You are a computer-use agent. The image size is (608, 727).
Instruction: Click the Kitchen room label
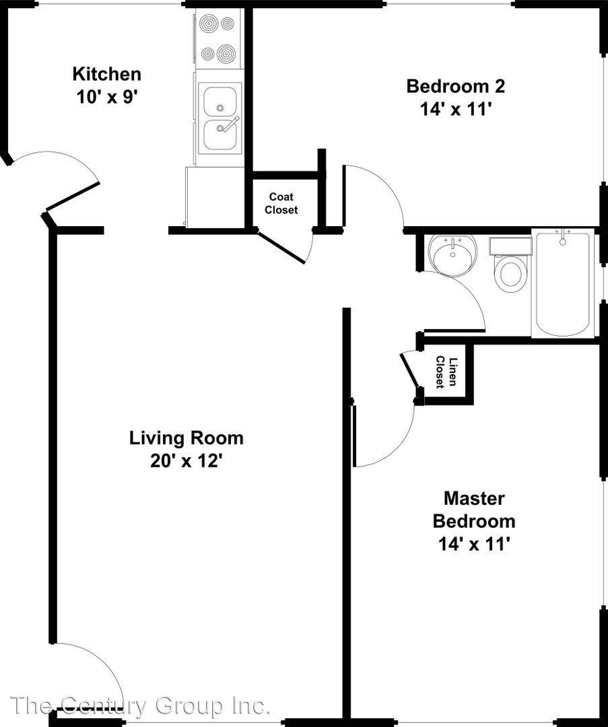pos(106,74)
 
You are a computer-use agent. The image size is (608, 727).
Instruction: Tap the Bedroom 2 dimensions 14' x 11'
pos(455,110)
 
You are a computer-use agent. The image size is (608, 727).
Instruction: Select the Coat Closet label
pos(281,203)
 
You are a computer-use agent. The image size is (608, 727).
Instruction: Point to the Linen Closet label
pos(446,372)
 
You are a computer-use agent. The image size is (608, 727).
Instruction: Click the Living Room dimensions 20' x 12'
pos(187,461)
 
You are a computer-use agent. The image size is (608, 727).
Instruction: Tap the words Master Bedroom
pos(474,510)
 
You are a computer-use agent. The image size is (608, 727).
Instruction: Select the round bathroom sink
pos(452,256)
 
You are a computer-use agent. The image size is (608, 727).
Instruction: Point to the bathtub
pos(562,283)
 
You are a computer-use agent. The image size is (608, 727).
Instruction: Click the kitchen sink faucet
pos(229,125)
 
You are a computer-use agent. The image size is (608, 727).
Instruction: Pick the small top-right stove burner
pos(228,23)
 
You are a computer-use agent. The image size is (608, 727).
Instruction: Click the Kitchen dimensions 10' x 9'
pos(106,98)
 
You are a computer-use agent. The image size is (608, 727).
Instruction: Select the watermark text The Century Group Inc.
pos(139,706)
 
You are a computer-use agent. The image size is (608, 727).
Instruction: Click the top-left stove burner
pos(207,23)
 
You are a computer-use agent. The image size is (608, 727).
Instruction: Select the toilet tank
pos(510,246)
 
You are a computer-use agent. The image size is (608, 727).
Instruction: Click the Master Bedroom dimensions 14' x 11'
pos(475,544)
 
